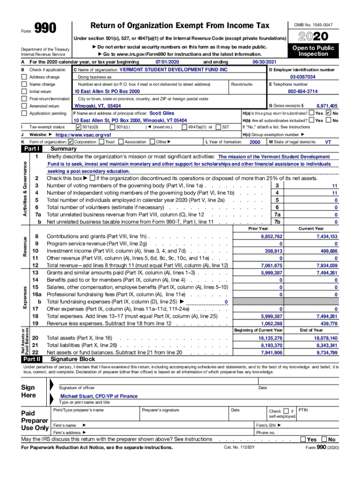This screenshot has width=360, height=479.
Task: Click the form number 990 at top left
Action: (x=46, y=29)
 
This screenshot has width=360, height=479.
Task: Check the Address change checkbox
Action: (x=24, y=77)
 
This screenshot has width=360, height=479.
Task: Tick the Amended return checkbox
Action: (x=24, y=106)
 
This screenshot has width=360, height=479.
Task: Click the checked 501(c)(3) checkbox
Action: (x=78, y=127)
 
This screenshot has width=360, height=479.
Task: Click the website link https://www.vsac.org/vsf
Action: (x=83, y=134)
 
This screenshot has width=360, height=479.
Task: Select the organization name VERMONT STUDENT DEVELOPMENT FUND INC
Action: (x=173, y=69)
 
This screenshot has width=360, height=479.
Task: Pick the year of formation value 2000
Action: (x=255, y=142)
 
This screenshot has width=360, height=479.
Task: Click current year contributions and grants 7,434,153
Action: (x=327, y=237)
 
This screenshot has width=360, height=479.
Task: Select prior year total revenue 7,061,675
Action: (x=271, y=266)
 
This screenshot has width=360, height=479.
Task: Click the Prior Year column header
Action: (x=258, y=229)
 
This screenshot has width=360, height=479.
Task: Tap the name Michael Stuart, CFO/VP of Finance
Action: (x=99, y=396)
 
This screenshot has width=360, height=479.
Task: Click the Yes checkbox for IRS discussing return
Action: (x=303, y=440)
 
